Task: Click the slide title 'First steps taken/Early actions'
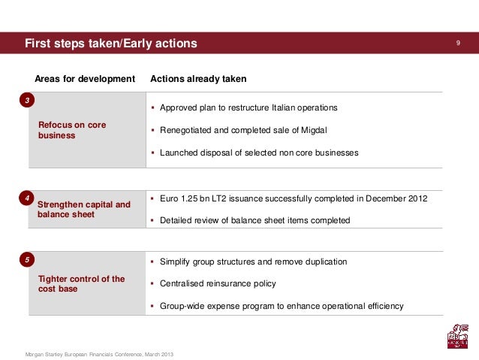[x=110, y=44]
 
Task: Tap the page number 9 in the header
[x=458, y=44]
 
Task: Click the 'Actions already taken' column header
[x=198, y=79]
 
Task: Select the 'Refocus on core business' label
[x=72, y=130]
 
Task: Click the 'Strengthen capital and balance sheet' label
[x=83, y=209]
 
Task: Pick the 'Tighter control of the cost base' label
[x=81, y=283]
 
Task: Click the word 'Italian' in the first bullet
[x=277, y=107]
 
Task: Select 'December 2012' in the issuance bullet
[x=398, y=198]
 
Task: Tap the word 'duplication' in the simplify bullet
[x=324, y=262]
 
